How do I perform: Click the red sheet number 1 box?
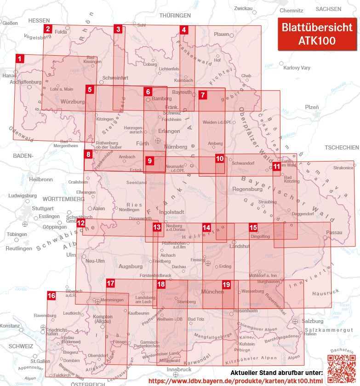point(19,58)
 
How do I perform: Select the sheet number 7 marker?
point(203,95)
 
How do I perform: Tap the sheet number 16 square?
point(51,295)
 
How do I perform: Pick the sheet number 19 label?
point(226,285)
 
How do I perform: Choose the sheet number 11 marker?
point(276,166)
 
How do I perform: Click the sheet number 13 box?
point(157,227)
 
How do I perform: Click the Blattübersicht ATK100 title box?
point(317,34)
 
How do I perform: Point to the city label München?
point(212,292)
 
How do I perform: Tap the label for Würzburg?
point(73,101)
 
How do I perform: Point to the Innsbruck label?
point(179,369)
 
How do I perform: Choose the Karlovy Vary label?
point(297,68)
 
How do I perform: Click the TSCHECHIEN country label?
point(341,148)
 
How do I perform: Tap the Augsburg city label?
point(131,266)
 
